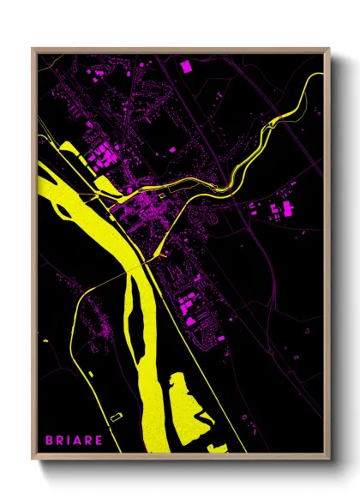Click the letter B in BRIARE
pyautogui.click(x=49, y=440)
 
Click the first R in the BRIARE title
pyautogui.click(x=61, y=440)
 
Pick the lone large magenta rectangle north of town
pyautogui.click(x=186, y=65)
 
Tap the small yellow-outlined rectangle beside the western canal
pyautogui.click(x=117, y=416)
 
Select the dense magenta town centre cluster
pyautogui.click(x=141, y=206)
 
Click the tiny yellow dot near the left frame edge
pyautogui.click(x=45, y=340)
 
